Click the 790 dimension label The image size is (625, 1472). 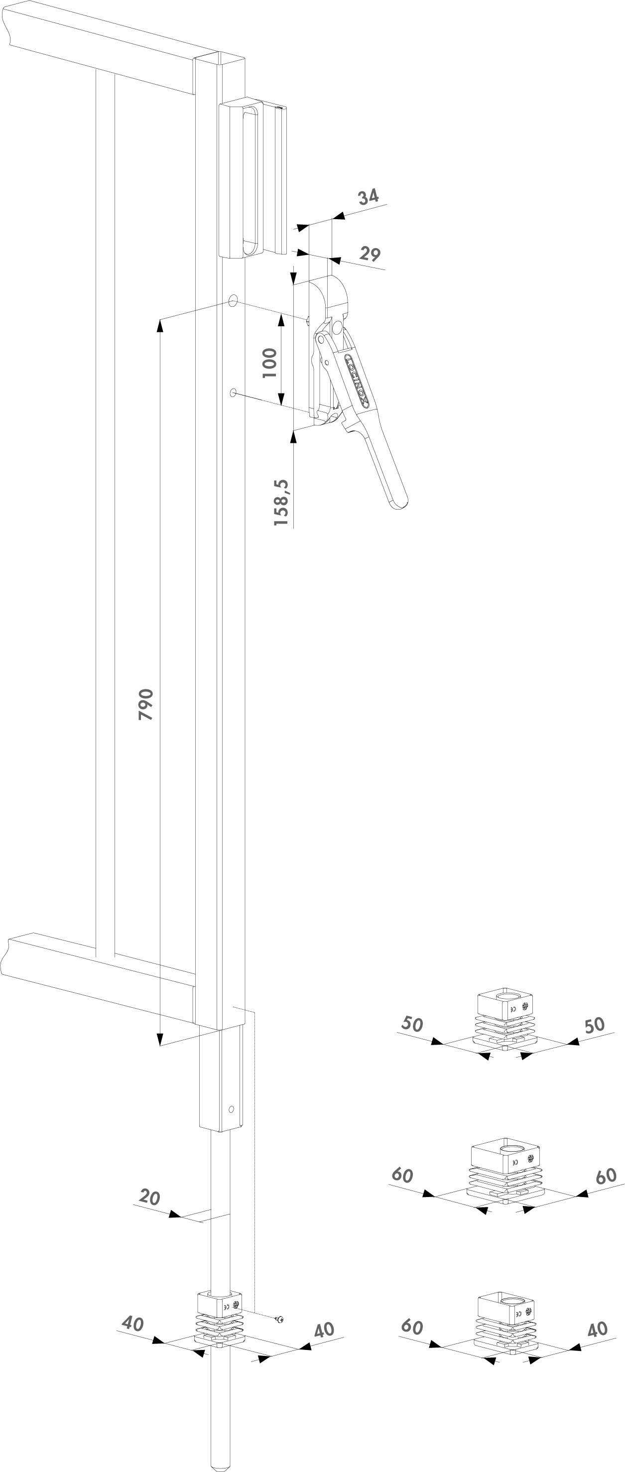pos(146,704)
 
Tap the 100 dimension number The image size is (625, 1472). pos(269,363)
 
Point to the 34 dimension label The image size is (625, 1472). pos(369,197)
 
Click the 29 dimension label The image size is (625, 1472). pos(370,253)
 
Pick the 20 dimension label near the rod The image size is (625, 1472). pos(150,1197)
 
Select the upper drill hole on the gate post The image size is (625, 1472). pos(233,300)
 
